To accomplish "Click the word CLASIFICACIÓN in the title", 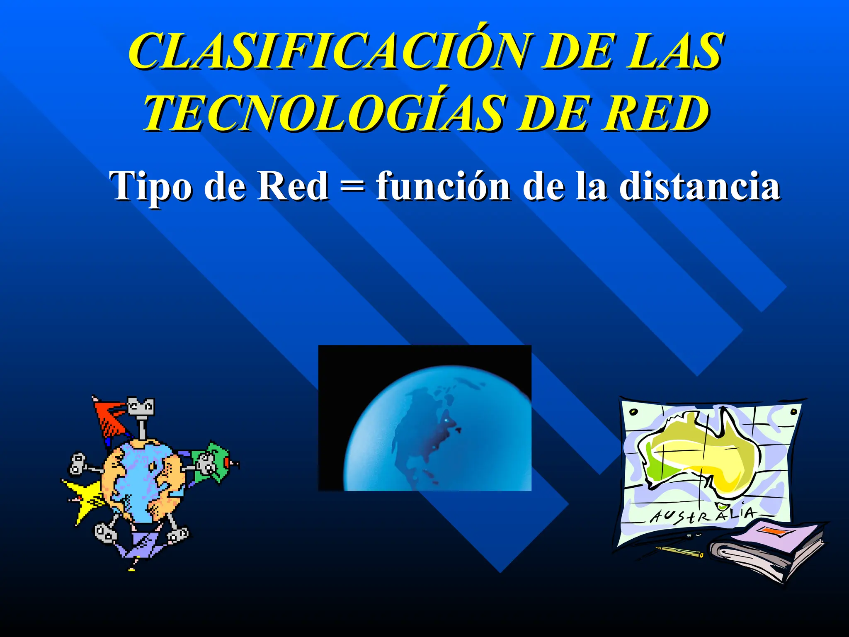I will [327, 52].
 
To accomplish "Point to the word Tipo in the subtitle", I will [151, 187].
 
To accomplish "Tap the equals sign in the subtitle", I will [352, 187].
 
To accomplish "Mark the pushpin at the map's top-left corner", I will [633, 412].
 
